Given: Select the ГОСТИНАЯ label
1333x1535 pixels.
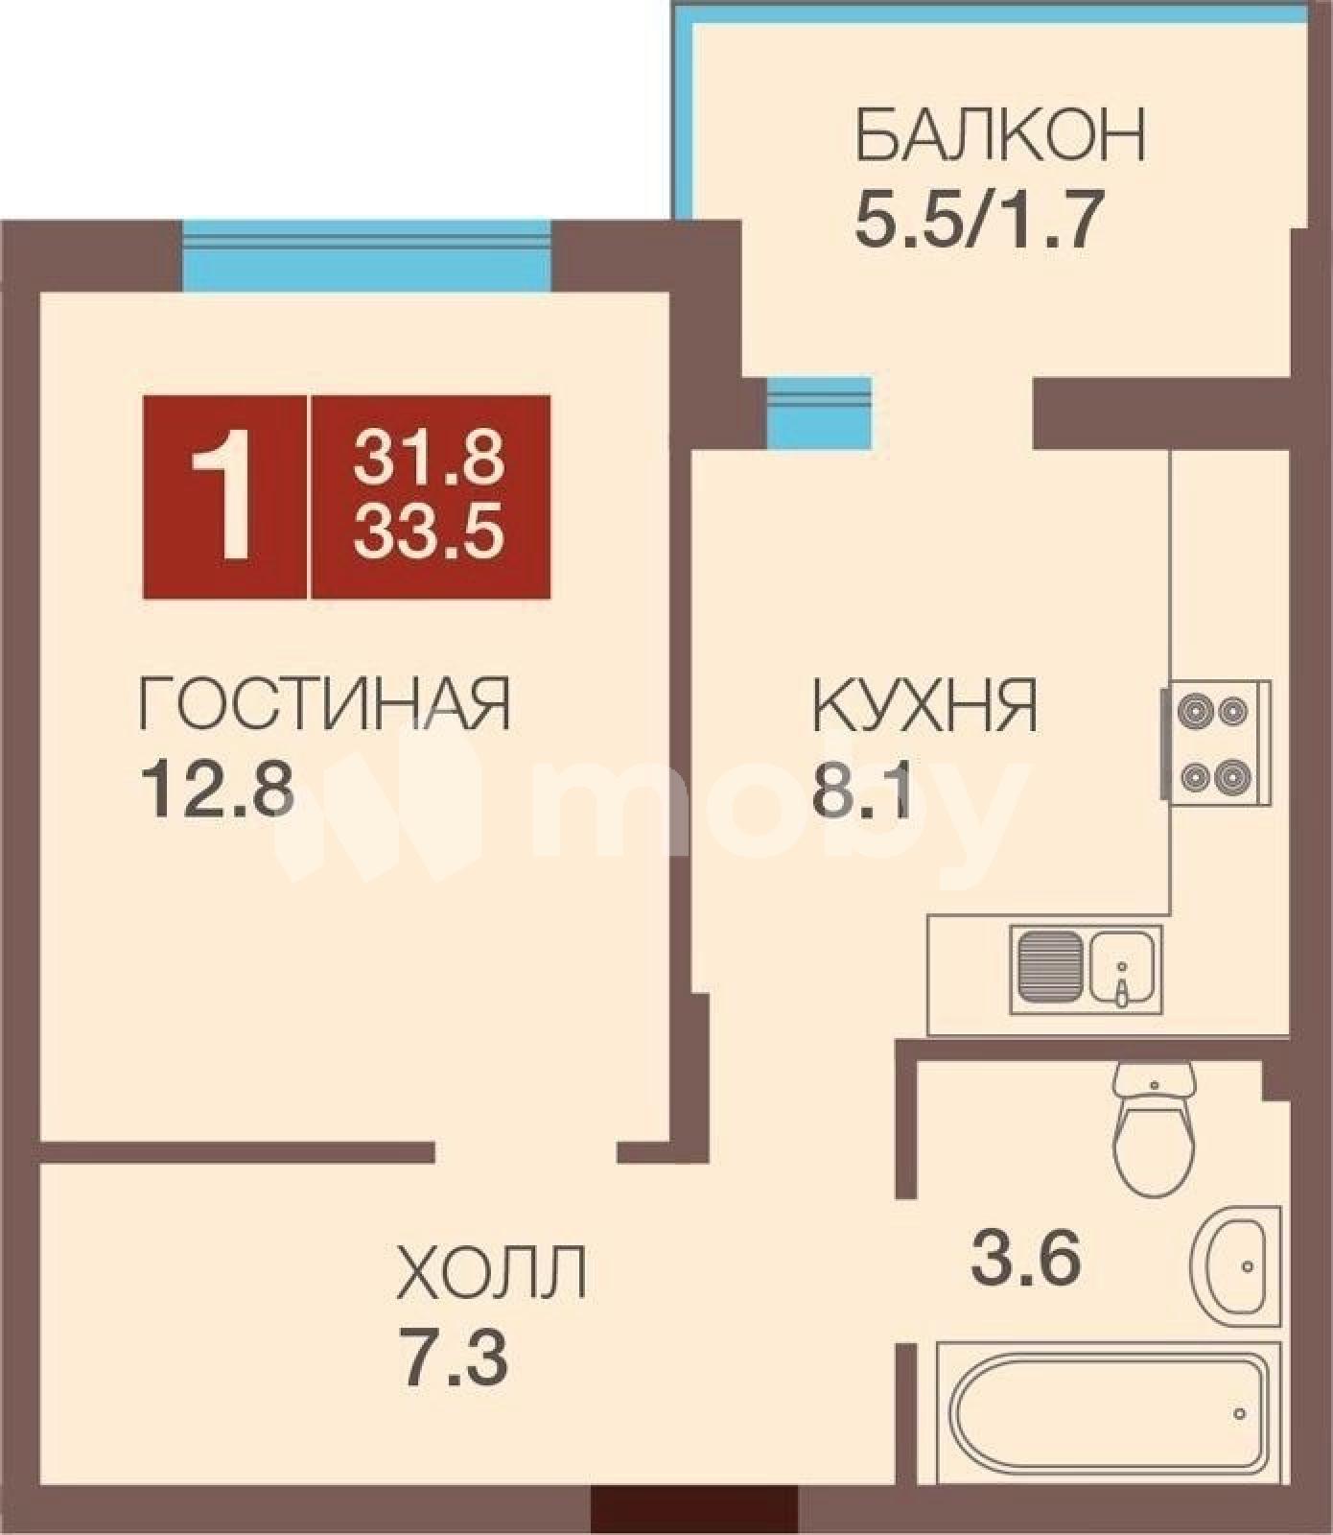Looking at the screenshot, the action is point(325,703).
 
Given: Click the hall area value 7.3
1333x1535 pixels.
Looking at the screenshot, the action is point(453,1357).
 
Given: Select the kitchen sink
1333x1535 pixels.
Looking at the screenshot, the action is point(1086,970).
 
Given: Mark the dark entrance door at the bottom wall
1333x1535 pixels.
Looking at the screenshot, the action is point(693,1520).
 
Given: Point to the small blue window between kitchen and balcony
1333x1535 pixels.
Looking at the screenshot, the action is point(819,411).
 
